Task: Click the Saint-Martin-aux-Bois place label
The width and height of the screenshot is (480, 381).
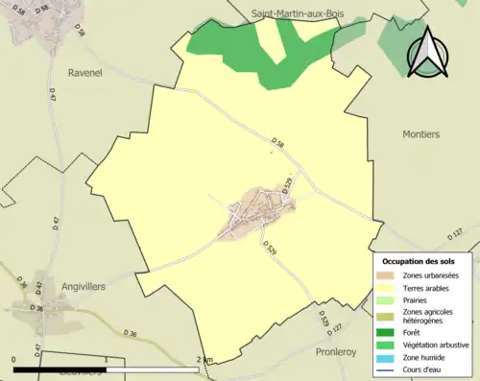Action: click(x=298, y=14)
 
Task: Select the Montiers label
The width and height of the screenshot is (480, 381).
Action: click(x=420, y=134)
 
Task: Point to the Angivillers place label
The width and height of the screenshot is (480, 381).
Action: click(x=81, y=286)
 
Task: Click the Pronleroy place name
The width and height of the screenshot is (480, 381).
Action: click(x=336, y=351)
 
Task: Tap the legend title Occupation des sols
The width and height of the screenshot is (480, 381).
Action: click(x=425, y=261)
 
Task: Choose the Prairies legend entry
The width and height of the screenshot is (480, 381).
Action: click(x=416, y=299)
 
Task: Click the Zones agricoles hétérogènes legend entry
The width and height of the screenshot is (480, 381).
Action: click(x=428, y=316)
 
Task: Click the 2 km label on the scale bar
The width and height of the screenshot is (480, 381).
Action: click(x=204, y=359)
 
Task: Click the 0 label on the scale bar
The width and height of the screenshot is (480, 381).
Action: click(x=14, y=359)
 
